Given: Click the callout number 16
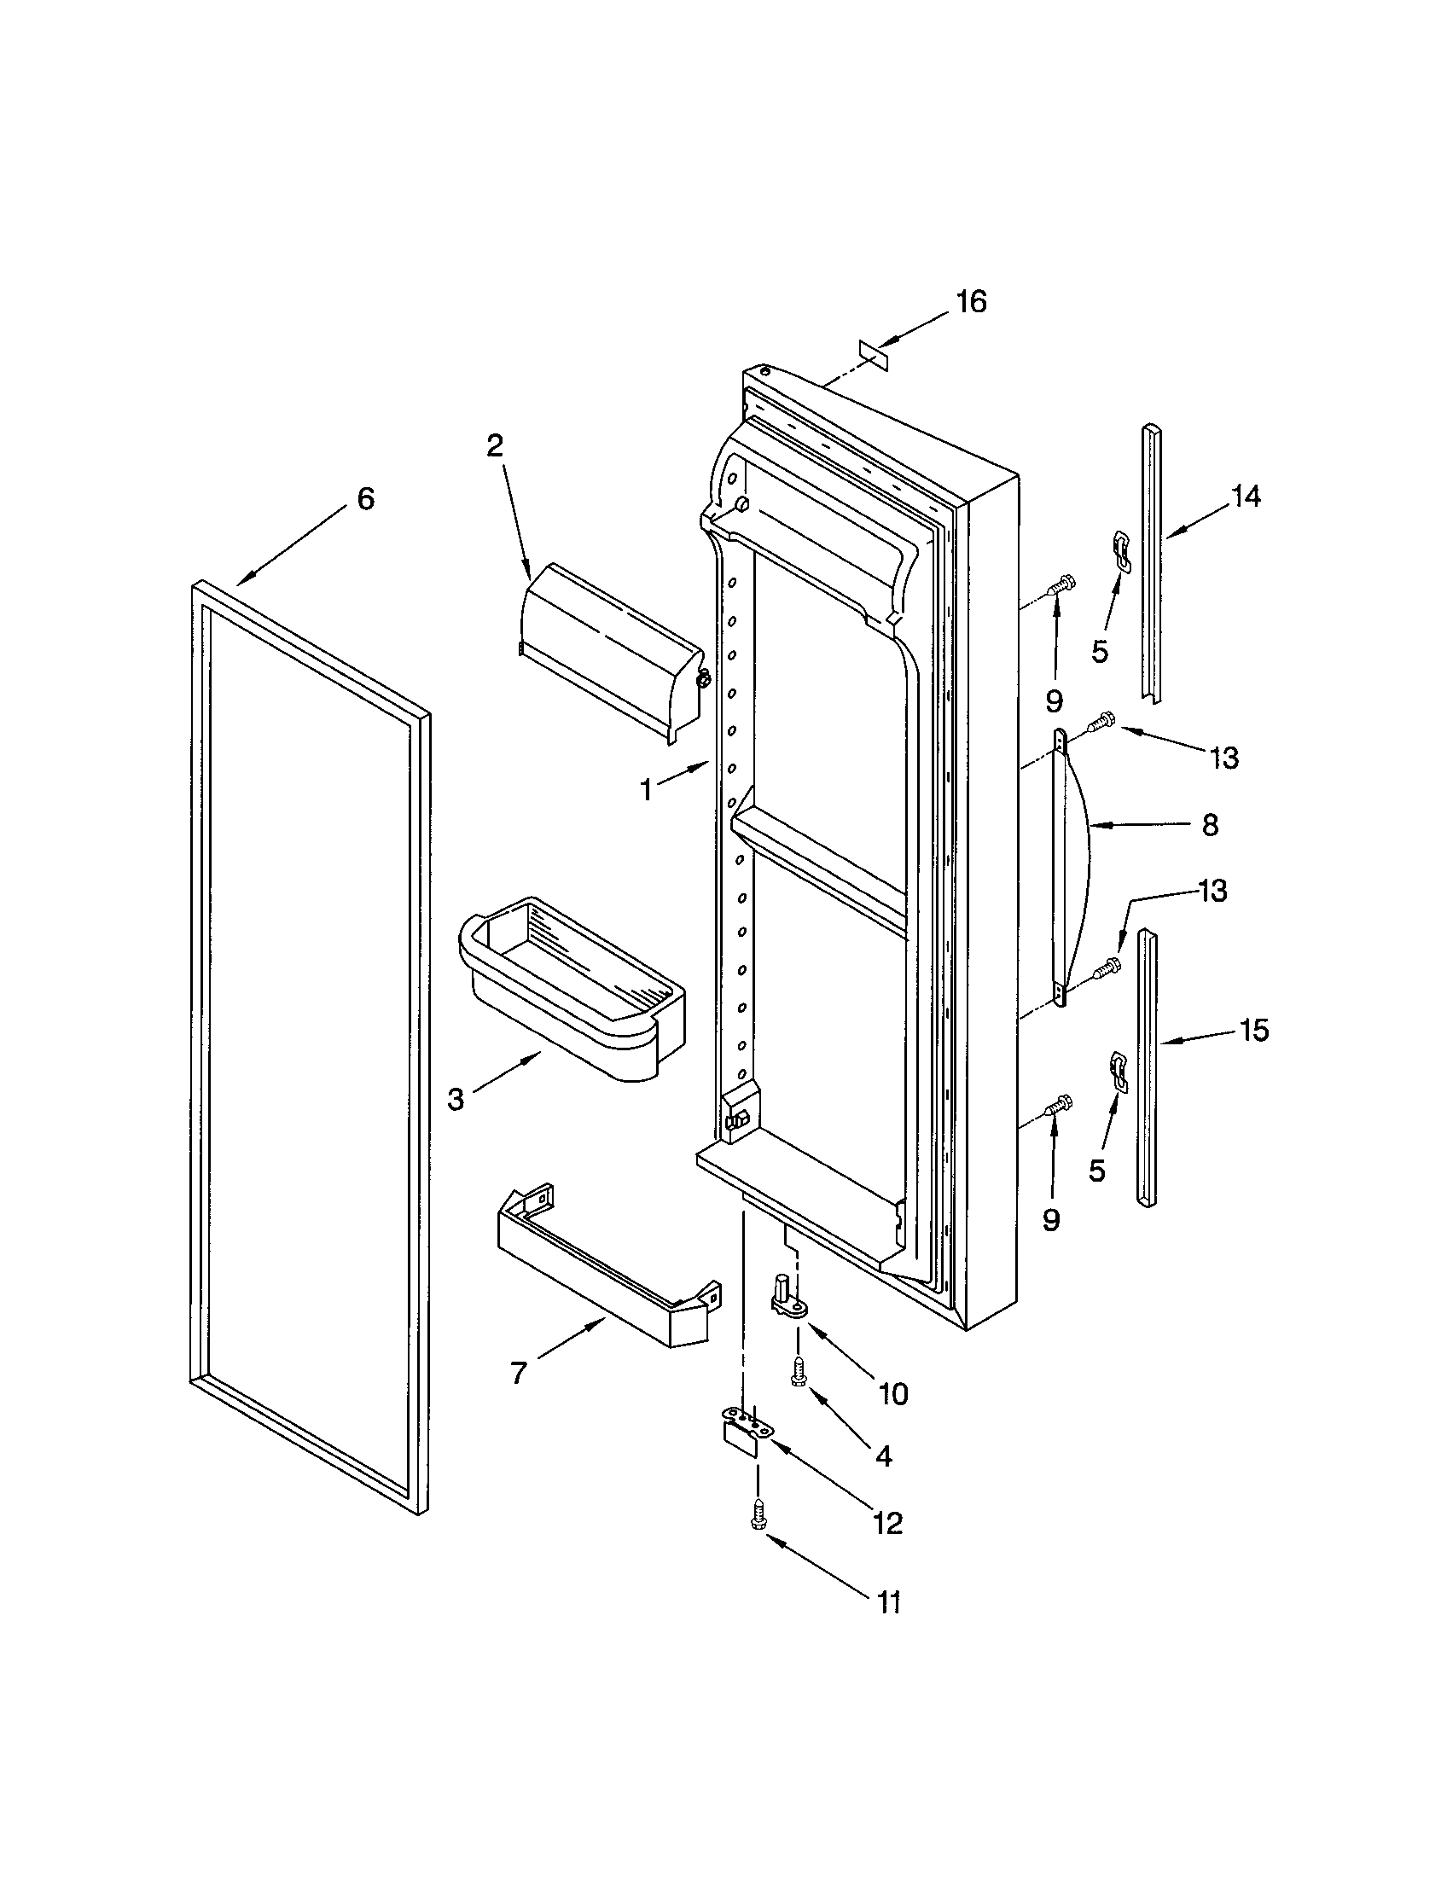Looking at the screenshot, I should click(x=972, y=302).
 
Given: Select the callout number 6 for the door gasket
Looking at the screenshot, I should click(x=366, y=498).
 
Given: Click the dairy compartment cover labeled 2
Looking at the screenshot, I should click(x=610, y=654).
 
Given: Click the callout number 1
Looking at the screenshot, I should click(x=646, y=790).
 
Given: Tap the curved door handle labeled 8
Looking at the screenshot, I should click(x=1070, y=868).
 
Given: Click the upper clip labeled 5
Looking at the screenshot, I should click(x=1120, y=549).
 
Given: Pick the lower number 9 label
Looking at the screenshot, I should click(x=1052, y=1219).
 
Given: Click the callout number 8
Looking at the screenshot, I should click(x=1209, y=826).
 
